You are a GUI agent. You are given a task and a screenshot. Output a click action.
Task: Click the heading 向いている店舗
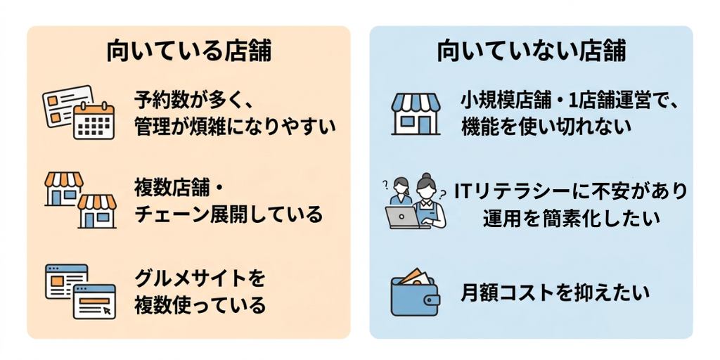click(x=188, y=52)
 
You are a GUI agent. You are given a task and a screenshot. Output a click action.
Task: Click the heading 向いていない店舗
click(x=532, y=52)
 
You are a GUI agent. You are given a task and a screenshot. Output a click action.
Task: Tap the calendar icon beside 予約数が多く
click(x=94, y=121)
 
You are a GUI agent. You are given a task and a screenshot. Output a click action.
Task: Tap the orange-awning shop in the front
click(x=97, y=211)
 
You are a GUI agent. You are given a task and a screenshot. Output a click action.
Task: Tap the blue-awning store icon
click(x=416, y=113)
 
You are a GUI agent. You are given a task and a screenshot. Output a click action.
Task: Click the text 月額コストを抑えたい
click(x=555, y=292)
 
